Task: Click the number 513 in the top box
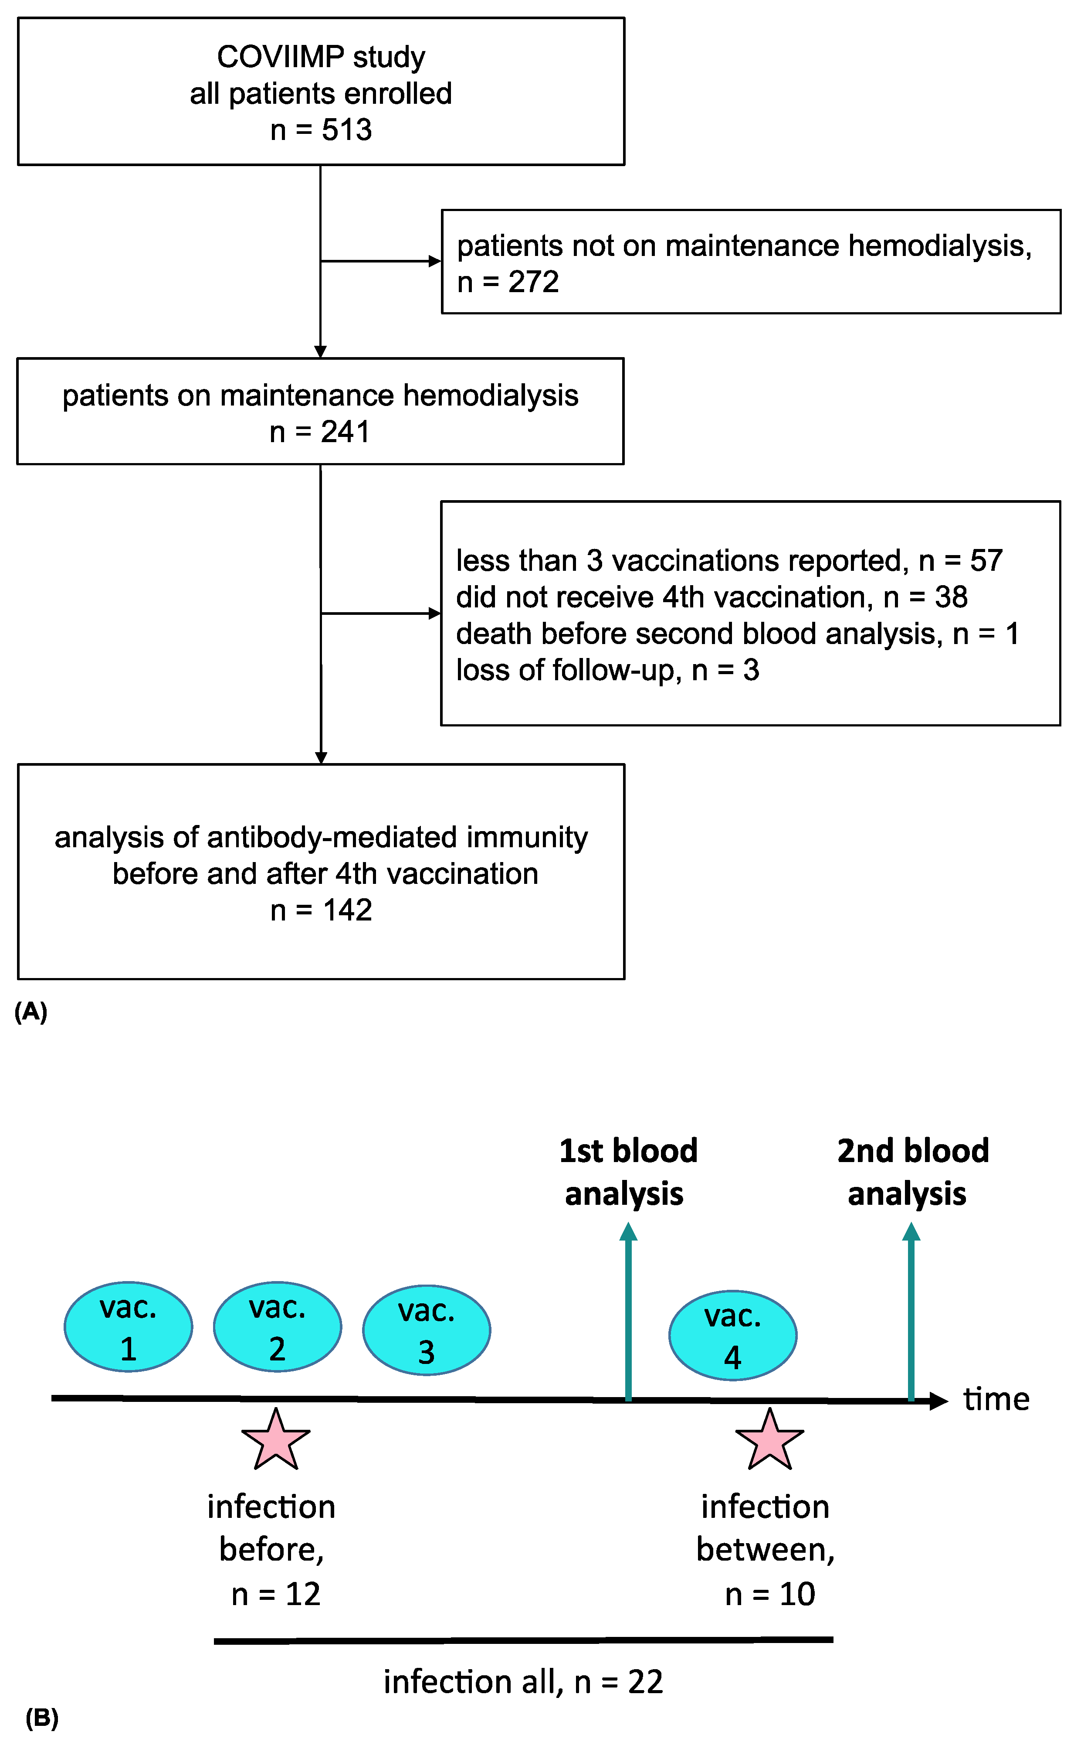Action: point(347,130)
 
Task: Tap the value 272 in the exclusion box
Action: point(533,282)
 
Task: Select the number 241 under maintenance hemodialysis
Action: point(345,432)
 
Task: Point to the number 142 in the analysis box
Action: point(347,910)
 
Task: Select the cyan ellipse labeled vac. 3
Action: point(426,1330)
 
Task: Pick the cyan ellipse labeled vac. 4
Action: point(732,1336)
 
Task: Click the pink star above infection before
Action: point(276,1442)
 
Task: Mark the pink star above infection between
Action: point(769,1442)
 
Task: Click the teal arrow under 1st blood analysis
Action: point(628,1315)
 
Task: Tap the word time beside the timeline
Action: point(996,1399)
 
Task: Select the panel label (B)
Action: point(42,1718)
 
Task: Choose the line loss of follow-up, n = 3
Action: point(607,670)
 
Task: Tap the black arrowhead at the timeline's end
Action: point(939,1401)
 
